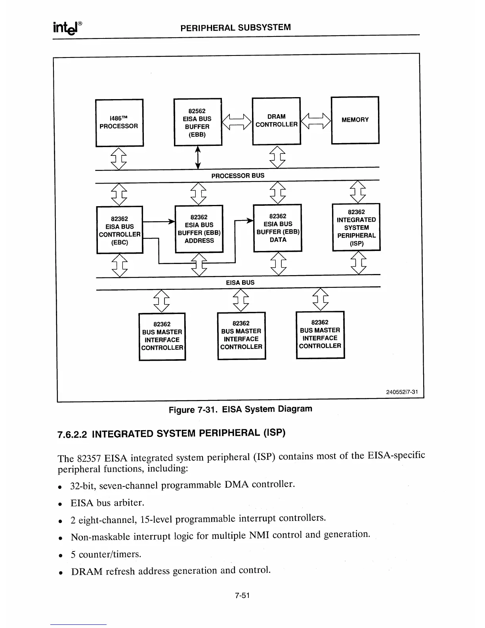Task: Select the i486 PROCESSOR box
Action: click(119, 123)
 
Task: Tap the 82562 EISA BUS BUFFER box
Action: click(197, 122)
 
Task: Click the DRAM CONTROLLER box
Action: click(276, 121)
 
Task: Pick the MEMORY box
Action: click(355, 120)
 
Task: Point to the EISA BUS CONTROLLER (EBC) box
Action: click(119, 230)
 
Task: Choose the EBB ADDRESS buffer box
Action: click(199, 229)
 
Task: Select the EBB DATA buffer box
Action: click(277, 228)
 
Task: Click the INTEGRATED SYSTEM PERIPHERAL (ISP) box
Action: click(356, 227)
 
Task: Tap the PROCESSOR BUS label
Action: click(238, 175)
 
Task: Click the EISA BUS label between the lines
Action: click(240, 283)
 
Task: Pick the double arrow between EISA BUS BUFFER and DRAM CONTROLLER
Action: click(237, 122)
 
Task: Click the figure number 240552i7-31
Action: click(402, 392)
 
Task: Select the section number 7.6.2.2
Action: click(73, 435)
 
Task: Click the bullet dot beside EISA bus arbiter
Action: click(60, 504)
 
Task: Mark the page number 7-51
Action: click(242, 595)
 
